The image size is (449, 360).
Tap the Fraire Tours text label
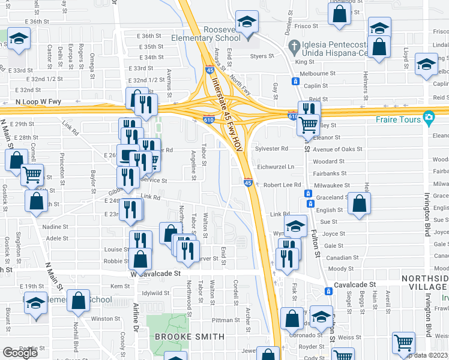point(402,119)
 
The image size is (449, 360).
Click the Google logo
point(20,352)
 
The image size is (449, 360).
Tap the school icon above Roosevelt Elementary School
point(246,23)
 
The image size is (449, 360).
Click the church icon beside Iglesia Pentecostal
point(294,46)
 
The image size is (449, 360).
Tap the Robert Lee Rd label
point(282,185)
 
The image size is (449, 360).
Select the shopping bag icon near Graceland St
point(359,204)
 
